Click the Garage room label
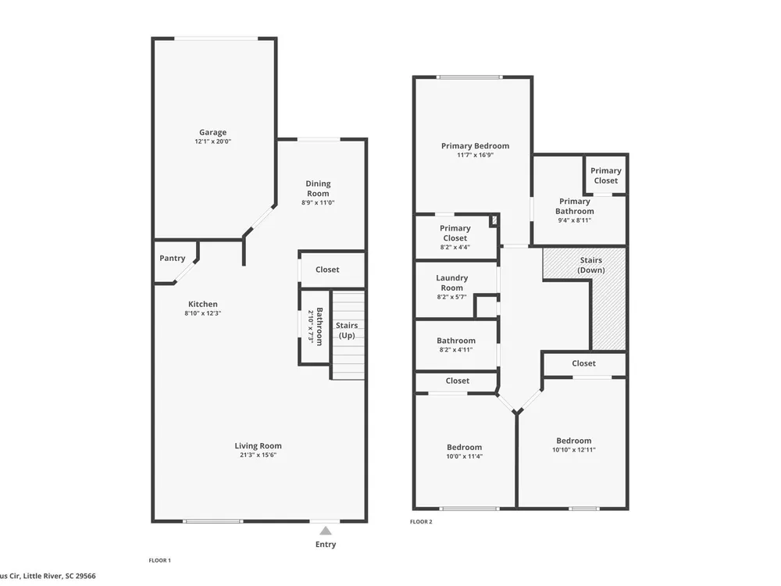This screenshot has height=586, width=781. [212, 133]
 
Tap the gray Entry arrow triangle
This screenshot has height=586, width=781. [325, 531]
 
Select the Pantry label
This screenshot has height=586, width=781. [173, 258]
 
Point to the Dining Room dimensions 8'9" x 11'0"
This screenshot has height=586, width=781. [318, 203]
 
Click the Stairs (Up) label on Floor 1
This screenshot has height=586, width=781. [347, 330]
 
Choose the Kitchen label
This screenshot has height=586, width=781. [203, 304]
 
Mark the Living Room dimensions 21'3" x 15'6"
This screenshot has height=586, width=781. [258, 455]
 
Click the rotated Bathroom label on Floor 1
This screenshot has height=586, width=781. [319, 327]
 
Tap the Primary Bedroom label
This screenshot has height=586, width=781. [475, 146]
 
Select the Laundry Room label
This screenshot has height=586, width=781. [451, 283]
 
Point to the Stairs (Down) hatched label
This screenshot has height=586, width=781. [590, 265]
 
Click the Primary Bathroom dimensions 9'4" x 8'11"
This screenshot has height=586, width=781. [574, 220]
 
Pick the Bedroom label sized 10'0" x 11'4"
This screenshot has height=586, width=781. [464, 448]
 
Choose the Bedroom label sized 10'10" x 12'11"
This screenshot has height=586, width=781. [574, 441]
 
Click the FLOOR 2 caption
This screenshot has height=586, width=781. [421, 522]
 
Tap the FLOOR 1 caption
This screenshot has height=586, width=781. [159, 560]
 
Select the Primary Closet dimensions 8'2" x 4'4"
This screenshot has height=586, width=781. [455, 247]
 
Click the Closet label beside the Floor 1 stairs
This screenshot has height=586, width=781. [327, 270]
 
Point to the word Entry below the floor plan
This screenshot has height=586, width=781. [325, 544]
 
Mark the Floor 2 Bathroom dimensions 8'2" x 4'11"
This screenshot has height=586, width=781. [456, 350]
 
